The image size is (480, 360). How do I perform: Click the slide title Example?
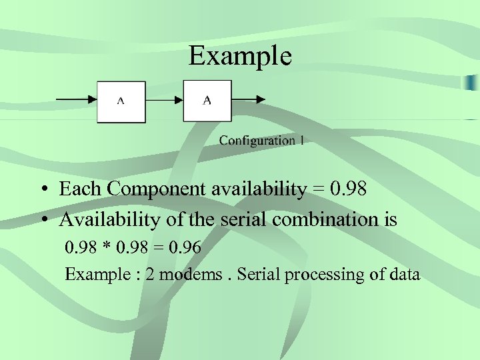(240, 56)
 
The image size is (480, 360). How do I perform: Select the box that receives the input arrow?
(121, 101)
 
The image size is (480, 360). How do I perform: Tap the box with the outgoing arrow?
(207, 101)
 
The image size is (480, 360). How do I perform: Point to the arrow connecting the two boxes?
(164, 101)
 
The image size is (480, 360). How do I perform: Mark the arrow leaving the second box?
(249, 101)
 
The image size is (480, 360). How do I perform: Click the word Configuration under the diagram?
(257, 141)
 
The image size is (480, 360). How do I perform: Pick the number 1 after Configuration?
(302, 141)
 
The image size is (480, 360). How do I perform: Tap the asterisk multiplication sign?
(106, 248)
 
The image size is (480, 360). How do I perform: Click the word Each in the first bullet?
(80, 189)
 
